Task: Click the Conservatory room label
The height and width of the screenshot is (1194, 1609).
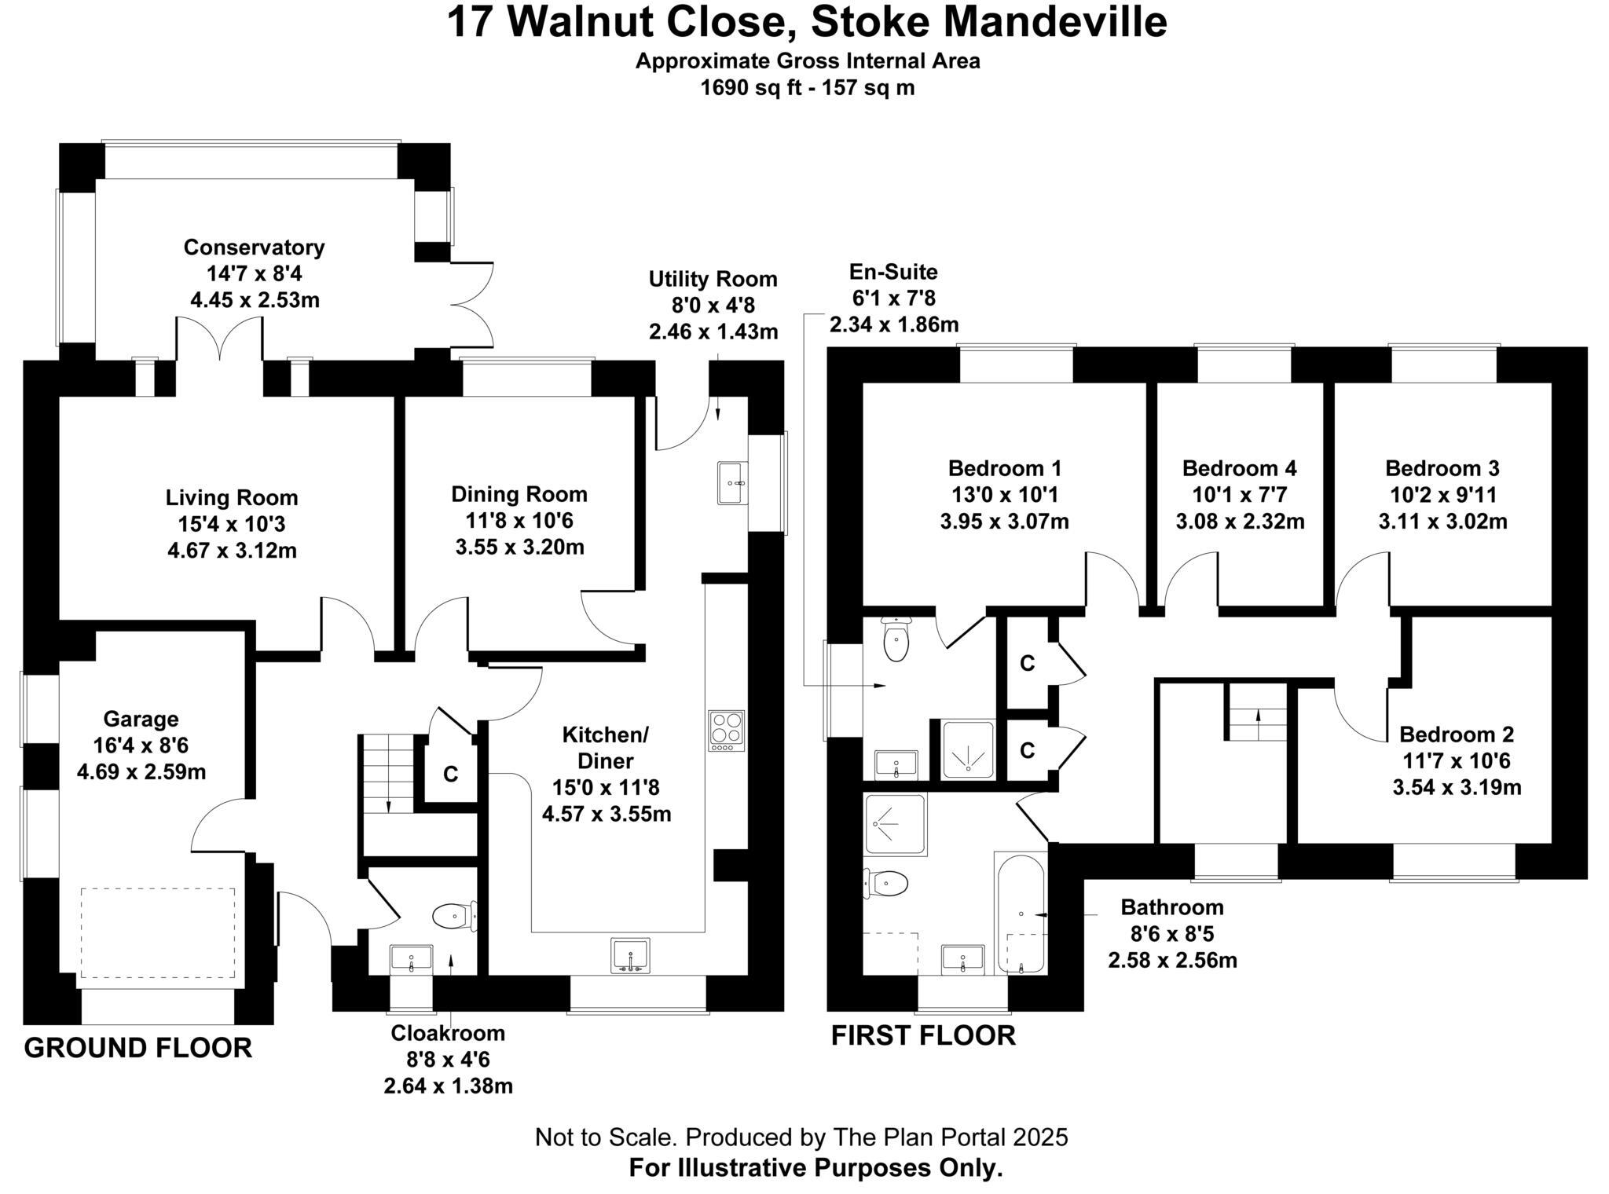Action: coord(254,247)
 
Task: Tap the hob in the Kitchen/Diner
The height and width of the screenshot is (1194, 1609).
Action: coord(726,731)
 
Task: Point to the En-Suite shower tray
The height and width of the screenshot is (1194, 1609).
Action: coord(968,749)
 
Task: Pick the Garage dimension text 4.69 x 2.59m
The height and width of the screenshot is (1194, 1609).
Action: coord(141,772)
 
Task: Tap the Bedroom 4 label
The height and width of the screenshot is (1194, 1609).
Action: coord(1239,469)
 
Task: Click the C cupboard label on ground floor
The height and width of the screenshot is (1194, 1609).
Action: coord(450,775)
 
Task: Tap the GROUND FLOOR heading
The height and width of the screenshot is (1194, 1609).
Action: coord(138,1048)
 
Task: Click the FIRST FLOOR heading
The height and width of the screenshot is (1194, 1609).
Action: coord(923,1035)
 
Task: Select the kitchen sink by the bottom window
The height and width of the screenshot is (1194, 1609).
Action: coord(630,954)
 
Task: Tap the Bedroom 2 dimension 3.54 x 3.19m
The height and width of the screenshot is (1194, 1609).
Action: coord(1457,787)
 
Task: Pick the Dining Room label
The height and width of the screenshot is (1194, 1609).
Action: coord(519,494)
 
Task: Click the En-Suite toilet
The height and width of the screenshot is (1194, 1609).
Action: coord(896,639)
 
